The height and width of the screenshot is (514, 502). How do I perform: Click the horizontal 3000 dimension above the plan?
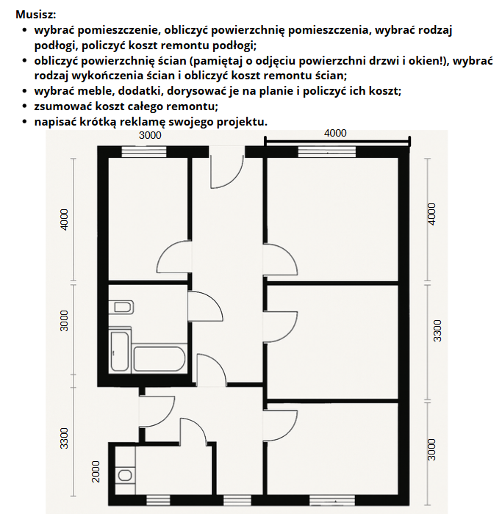[x=150, y=135]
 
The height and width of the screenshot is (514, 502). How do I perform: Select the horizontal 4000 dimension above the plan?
[x=334, y=133]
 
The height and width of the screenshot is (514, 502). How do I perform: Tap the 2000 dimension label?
[x=96, y=471]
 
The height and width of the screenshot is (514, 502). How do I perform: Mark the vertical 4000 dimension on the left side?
[x=65, y=220]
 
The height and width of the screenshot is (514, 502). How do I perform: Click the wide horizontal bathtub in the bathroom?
[x=158, y=359]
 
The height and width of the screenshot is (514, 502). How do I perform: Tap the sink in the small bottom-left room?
[x=125, y=475]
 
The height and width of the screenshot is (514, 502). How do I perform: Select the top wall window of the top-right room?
[x=328, y=152]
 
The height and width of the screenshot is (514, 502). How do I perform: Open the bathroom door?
[x=205, y=305]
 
